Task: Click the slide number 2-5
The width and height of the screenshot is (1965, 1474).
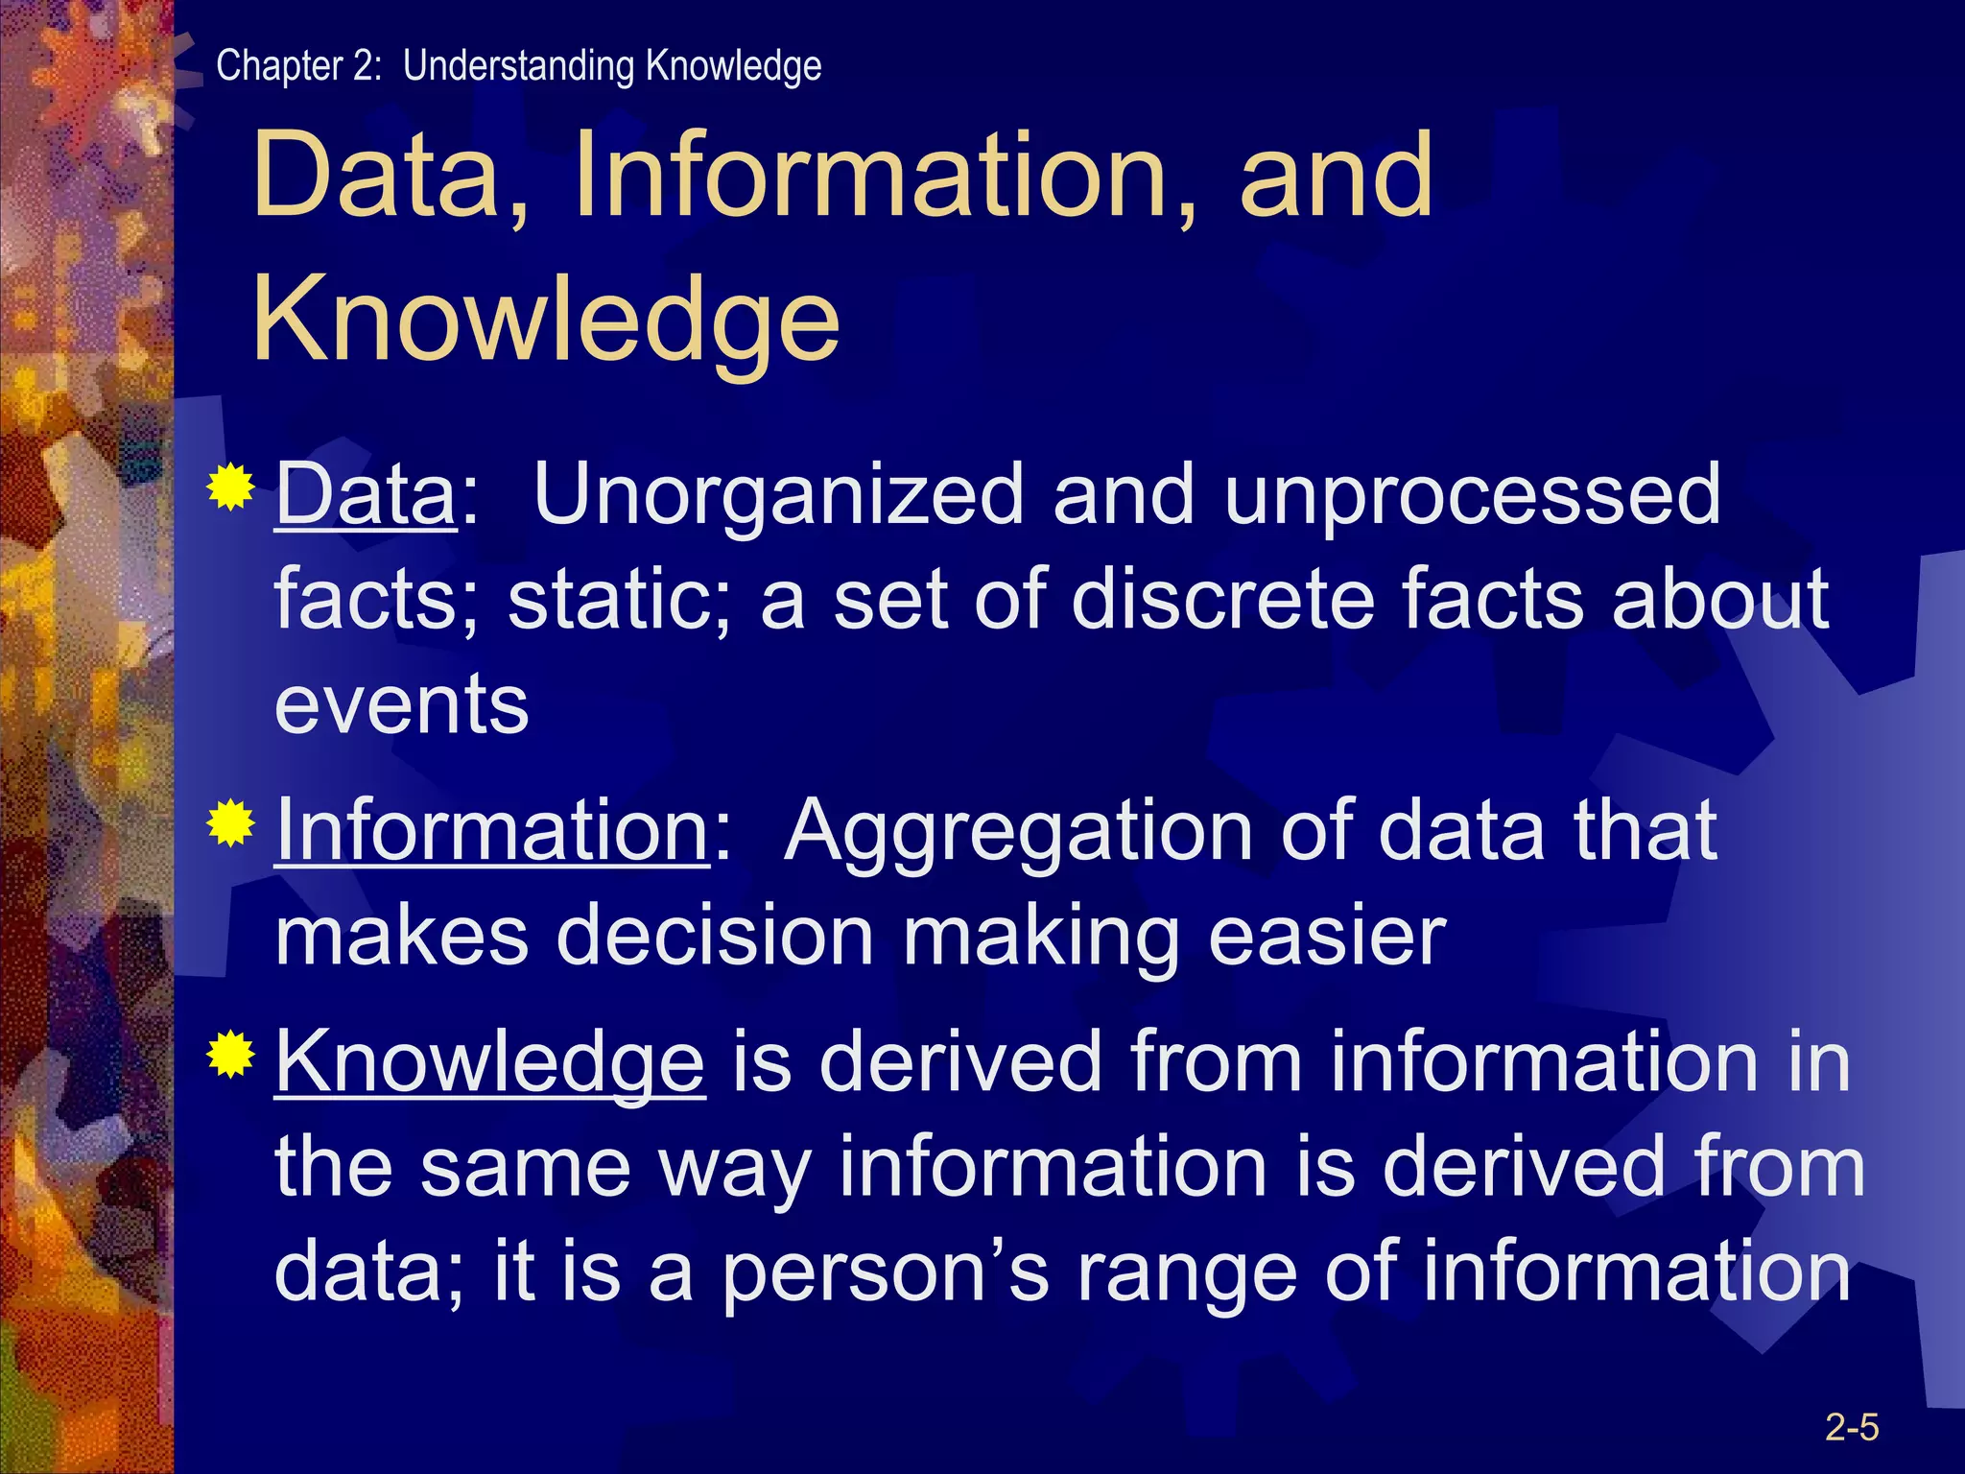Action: (1851, 1427)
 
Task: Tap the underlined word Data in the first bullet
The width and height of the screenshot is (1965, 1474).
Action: (366, 495)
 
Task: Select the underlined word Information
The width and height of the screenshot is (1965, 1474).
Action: (492, 831)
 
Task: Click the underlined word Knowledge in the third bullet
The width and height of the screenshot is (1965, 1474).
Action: (490, 1063)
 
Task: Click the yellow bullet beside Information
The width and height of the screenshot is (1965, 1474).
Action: (230, 822)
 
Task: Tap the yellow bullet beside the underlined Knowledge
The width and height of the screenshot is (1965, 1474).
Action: (230, 1055)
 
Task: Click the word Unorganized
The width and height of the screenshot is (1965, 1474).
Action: (778, 495)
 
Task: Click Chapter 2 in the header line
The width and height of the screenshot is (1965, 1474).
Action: (297, 66)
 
